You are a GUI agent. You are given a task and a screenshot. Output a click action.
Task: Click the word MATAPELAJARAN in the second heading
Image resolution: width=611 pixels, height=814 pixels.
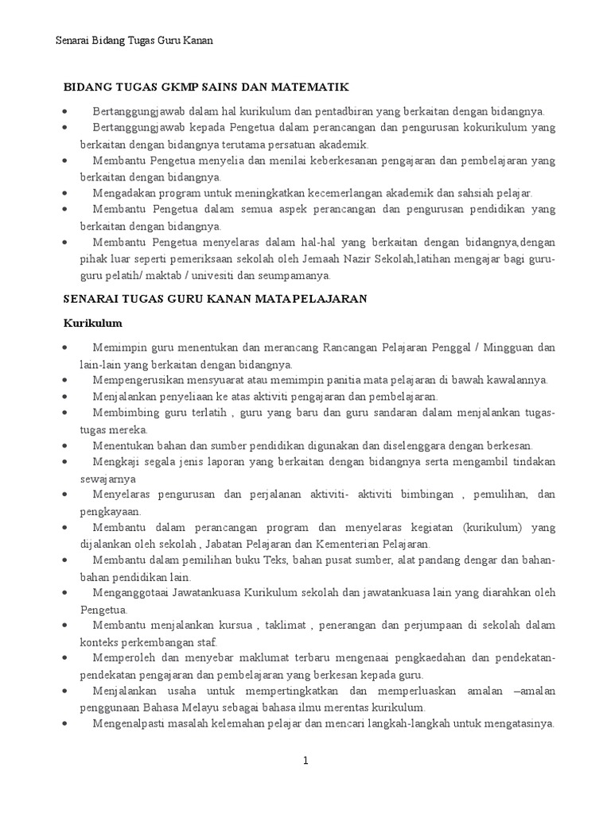coord(311,299)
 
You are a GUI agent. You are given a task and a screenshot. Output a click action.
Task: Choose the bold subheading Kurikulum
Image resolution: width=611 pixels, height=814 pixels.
coord(92,324)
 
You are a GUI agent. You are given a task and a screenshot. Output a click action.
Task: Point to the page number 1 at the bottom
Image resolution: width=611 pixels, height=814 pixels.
coord(305,761)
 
